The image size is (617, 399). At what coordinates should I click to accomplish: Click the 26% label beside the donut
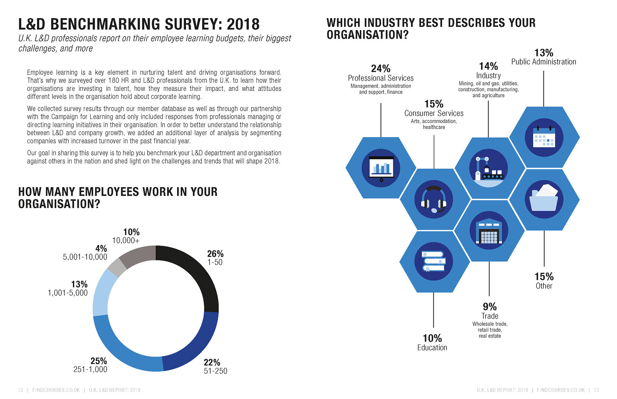[215, 254]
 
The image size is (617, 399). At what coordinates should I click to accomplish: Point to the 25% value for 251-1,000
[98, 361]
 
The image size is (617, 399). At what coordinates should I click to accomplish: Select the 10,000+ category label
[126, 241]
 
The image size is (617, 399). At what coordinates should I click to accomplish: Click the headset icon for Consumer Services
[434, 199]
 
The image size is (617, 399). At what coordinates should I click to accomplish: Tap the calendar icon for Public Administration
[544, 137]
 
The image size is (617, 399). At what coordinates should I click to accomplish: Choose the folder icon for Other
[544, 199]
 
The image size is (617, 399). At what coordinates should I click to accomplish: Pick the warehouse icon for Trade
[489, 230]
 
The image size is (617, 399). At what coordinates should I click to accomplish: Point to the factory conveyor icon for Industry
[488, 168]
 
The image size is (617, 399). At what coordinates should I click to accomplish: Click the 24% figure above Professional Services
[380, 68]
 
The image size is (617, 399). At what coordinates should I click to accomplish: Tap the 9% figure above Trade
[489, 306]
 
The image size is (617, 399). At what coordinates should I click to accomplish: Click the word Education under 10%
[432, 348]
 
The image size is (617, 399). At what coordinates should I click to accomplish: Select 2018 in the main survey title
[243, 24]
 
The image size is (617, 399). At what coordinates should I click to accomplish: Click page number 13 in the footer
[596, 390]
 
